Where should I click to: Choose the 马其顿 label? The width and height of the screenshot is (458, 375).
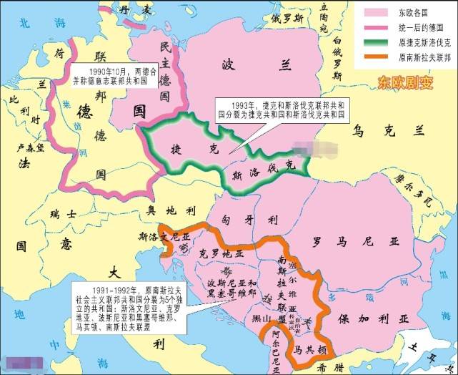[x=311, y=350]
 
